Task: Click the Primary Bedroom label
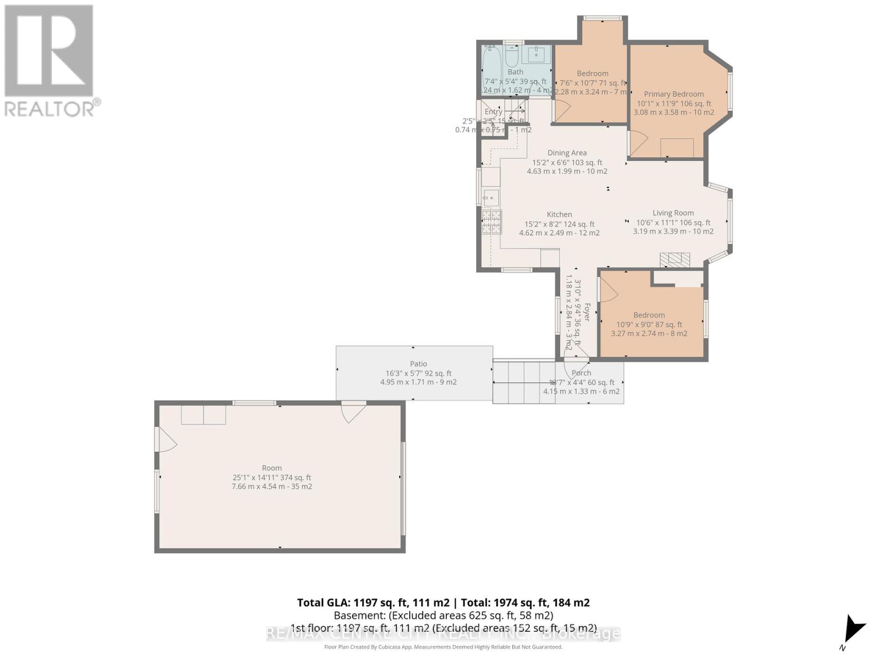[674, 94]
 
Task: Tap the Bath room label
[515, 72]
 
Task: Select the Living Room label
[673, 213]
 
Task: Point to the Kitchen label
[559, 214]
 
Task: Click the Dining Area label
[567, 153]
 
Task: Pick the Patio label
[419, 364]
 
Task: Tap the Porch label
[582, 373]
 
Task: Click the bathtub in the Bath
[491, 69]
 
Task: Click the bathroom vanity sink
[536, 55]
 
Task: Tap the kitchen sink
[491, 197]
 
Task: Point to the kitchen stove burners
[491, 222]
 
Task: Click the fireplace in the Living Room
[675, 260]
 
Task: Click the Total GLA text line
[443, 602]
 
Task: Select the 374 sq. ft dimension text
[272, 478]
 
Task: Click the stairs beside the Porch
[523, 382]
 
